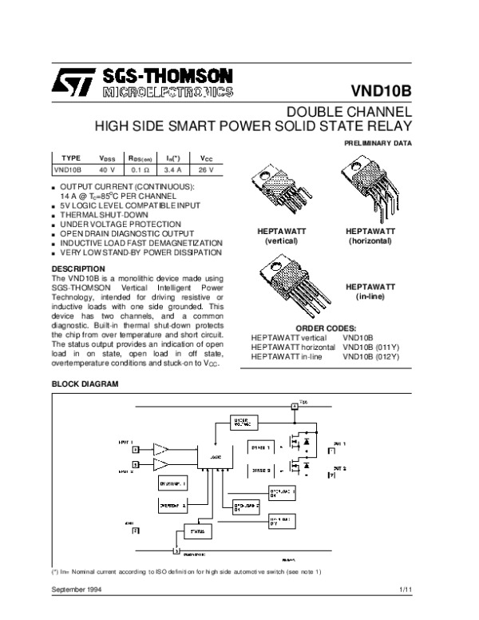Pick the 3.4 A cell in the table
[x=172, y=170]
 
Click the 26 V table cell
[x=206, y=170]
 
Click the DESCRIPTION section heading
[x=77, y=268]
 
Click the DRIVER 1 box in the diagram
[x=261, y=447]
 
